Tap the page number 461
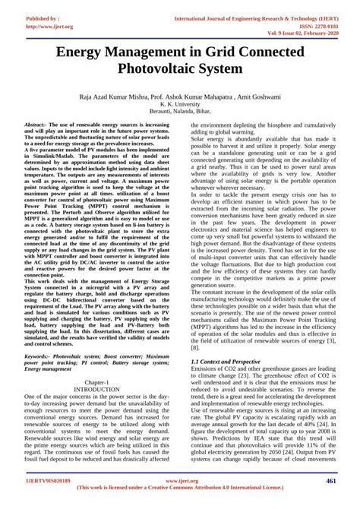tap(332, 482)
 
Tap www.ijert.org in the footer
tap(181, 482)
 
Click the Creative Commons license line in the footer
tap(181, 491)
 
